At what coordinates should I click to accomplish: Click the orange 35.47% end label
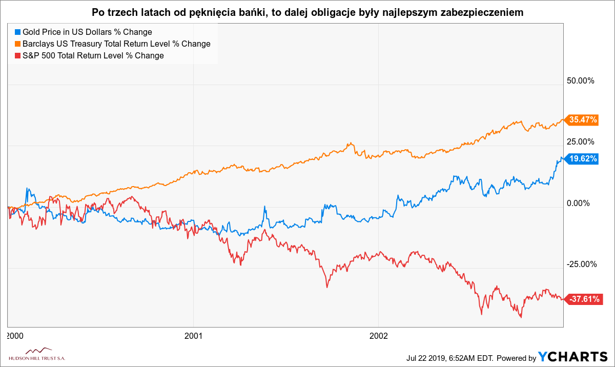coord(583,120)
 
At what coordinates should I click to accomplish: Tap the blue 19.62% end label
coord(583,159)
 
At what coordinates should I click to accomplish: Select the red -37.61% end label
coord(583,299)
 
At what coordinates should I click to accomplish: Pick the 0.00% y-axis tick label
coord(580,203)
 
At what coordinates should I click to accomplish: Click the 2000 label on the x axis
coord(14,336)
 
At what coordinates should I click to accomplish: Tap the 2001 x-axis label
coord(193,336)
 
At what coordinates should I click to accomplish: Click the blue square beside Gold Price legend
coord(17,32)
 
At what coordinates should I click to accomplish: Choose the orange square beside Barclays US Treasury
coord(17,44)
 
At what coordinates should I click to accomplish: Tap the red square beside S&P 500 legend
coord(17,56)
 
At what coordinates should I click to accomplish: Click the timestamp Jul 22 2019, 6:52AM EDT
coord(448,357)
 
